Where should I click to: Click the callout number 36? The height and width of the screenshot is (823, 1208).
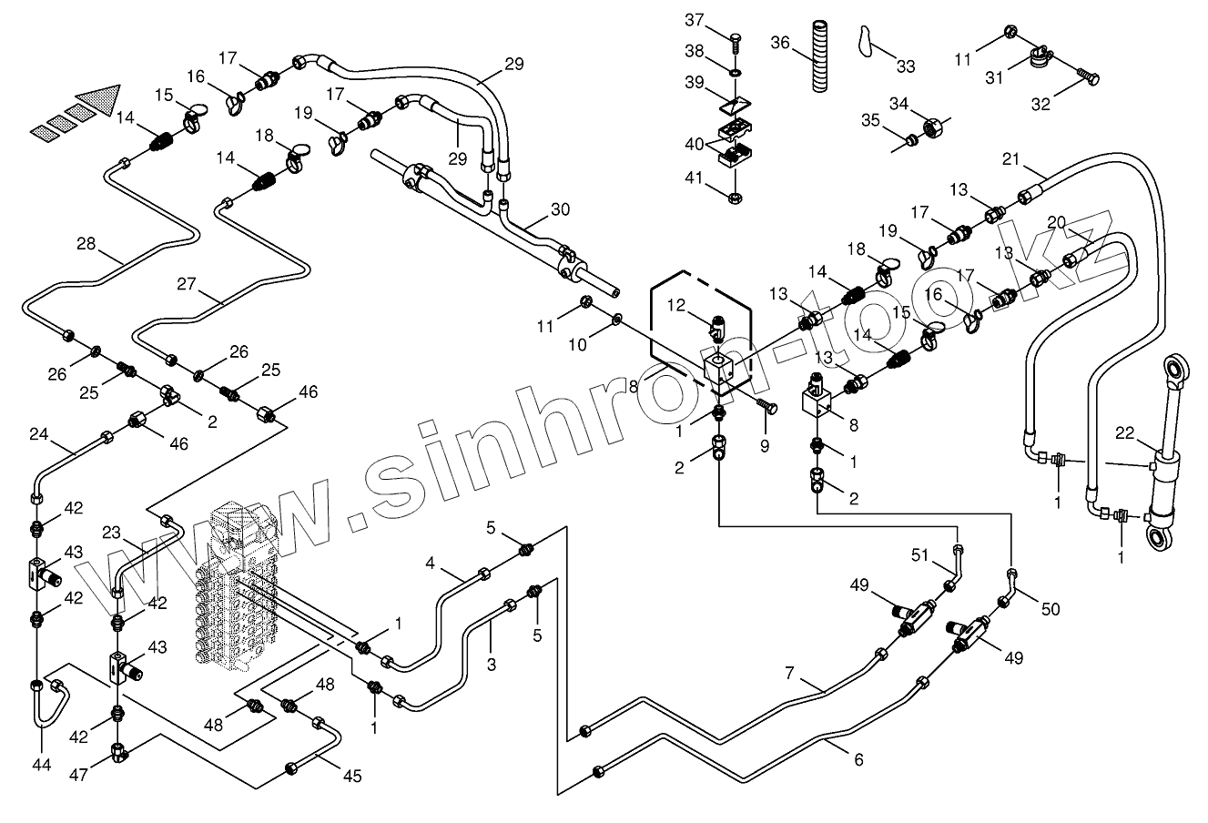[x=780, y=42]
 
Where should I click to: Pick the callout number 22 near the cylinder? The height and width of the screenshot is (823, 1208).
[x=1125, y=433]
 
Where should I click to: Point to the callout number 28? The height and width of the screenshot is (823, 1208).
[x=86, y=243]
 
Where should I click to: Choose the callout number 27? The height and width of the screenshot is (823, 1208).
[x=187, y=283]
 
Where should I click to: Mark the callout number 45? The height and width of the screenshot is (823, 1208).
[x=351, y=776]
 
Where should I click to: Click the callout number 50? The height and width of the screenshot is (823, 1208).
[x=1051, y=608]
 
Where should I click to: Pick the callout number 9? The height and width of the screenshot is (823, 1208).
[x=765, y=446]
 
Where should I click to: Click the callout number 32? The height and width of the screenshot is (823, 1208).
[x=1041, y=104]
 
